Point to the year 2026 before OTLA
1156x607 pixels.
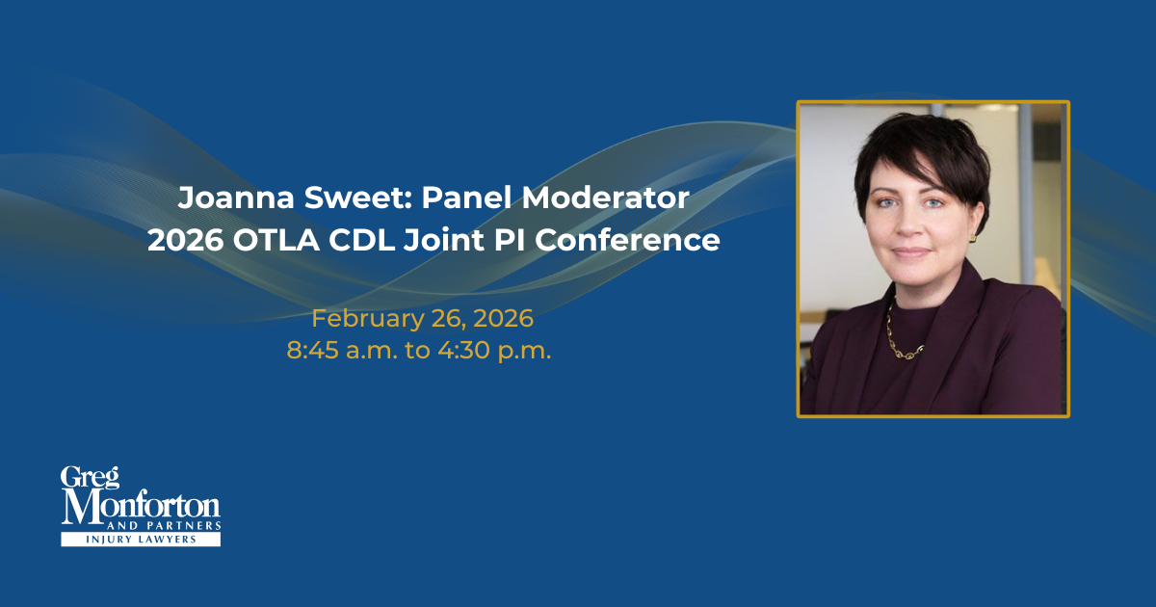pyautogui.click(x=184, y=240)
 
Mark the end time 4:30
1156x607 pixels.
pyautogui.click(x=458, y=351)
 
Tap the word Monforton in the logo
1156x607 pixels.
pyautogui.click(x=141, y=505)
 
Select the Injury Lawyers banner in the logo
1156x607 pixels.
pyautogui.click(x=141, y=540)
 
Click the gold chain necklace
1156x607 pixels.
pyautogui.click(x=902, y=337)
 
